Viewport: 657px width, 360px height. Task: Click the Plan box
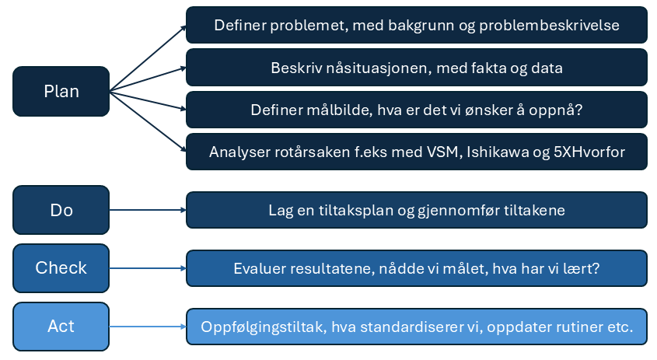tap(61, 91)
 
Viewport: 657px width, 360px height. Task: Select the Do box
tap(61, 210)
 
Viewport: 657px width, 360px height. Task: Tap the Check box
tap(61, 268)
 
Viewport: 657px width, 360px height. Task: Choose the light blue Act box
tap(61, 326)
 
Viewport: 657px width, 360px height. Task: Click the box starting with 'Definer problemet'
tap(417, 25)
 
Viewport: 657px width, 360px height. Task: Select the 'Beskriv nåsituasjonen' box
tap(417, 68)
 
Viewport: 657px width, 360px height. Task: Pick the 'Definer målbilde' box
tap(417, 110)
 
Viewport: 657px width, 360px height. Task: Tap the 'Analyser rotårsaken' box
tap(417, 152)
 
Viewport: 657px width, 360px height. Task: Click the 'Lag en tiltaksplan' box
tap(417, 210)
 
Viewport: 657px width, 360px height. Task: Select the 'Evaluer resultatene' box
tap(417, 268)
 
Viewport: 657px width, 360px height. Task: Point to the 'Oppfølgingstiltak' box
tap(417, 327)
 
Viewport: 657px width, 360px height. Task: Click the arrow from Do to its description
tap(148, 210)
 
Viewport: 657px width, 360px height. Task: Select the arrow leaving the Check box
tap(148, 268)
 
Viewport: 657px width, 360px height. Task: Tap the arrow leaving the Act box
tap(148, 327)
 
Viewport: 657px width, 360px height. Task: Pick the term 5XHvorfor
tap(589, 152)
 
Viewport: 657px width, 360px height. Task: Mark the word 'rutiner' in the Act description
tap(580, 327)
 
